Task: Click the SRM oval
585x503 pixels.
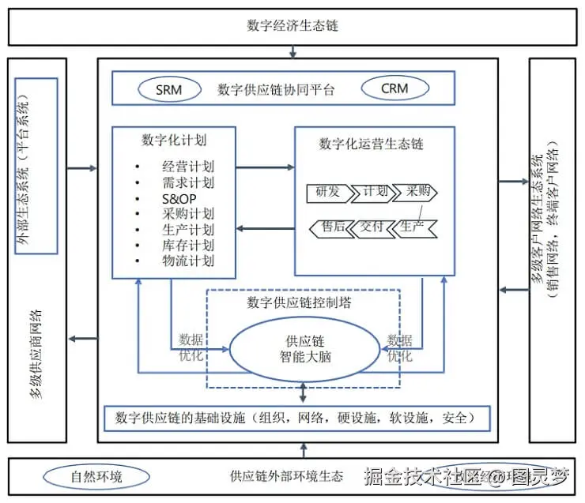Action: click(168, 89)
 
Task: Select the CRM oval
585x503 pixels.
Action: click(394, 88)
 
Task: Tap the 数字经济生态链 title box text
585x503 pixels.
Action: click(292, 25)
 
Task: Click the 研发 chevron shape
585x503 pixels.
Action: click(328, 192)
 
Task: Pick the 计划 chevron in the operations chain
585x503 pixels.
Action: click(375, 192)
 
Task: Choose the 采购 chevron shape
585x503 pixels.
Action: click(417, 192)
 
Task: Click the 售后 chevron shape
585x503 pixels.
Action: click(331, 227)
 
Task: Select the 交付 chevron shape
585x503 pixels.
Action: click(372, 227)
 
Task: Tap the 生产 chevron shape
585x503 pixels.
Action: click(415, 227)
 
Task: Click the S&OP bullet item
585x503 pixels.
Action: click(176, 198)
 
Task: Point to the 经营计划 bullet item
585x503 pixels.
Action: click(187, 167)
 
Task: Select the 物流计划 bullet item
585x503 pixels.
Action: click(187, 261)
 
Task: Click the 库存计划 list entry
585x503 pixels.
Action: click(187, 245)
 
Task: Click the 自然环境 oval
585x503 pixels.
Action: click(96, 476)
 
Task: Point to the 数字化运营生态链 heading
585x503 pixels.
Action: click(372, 144)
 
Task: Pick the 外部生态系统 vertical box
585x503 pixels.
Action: click(36, 166)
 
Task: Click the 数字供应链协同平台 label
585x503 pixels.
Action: click(276, 90)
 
